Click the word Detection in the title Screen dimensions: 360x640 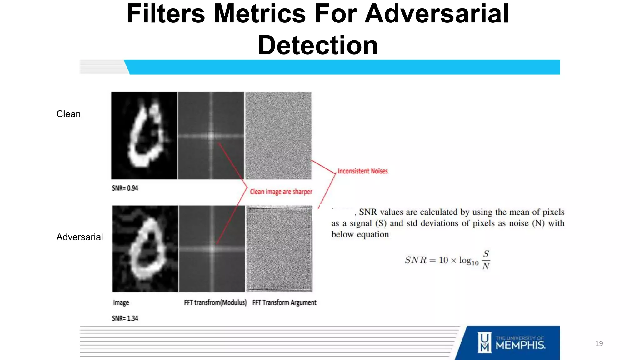click(317, 45)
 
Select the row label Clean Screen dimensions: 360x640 click(68, 114)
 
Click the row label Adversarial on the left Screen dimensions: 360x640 click(80, 237)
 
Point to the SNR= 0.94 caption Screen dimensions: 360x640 click(125, 188)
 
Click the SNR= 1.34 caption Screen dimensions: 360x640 click(125, 318)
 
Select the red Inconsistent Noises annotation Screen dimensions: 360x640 click(362, 171)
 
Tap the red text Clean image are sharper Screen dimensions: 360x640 click(281, 192)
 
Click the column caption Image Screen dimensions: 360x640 click(121, 302)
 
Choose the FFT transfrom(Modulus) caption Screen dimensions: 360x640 click(215, 302)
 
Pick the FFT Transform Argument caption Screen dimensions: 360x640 click(284, 302)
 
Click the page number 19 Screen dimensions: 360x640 click(599, 344)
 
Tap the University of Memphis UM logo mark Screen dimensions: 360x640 click(485, 342)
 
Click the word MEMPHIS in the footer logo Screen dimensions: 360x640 click(520, 345)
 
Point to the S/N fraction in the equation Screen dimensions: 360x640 click(486, 260)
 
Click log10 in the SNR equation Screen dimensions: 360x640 click(468, 261)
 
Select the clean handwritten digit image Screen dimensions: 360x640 click(144, 136)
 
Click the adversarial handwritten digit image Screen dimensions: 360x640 click(145, 249)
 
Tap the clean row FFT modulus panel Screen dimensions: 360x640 click(211, 136)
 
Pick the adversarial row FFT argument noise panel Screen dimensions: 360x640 click(279, 249)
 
